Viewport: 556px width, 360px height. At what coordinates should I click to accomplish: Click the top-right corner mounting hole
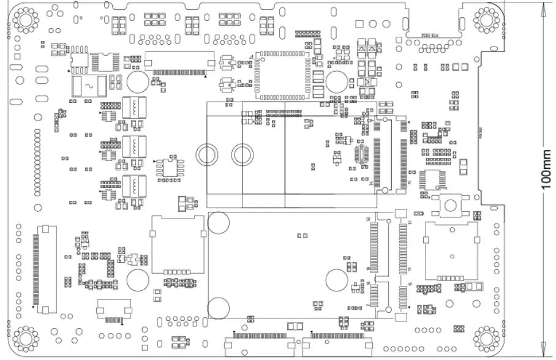click(x=487, y=20)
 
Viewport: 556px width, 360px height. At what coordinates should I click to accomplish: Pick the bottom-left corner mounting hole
click(x=26, y=339)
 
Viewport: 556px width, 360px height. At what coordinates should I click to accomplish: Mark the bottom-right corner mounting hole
click(x=487, y=339)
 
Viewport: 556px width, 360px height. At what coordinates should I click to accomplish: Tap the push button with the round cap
click(x=454, y=204)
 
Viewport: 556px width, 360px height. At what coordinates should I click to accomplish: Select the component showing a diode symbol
click(x=366, y=81)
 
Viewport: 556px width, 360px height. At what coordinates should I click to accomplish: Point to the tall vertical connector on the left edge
click(x=45, y=269)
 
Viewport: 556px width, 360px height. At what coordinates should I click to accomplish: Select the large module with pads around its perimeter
click(x=280, y=75)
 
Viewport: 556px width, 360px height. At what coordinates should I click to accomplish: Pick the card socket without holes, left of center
click(x=178, y=244)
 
